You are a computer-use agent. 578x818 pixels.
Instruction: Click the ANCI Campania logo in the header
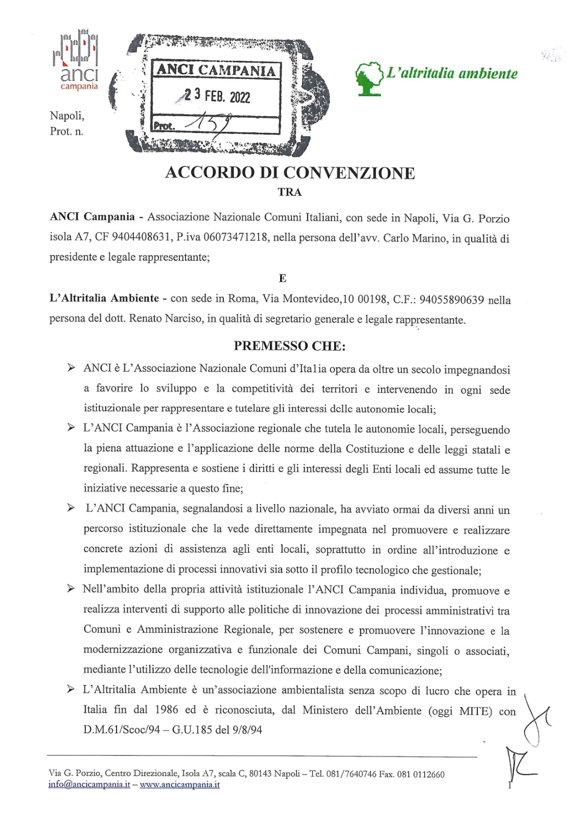(76, 60)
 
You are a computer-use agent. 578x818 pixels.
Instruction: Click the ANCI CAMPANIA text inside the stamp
(216, 70)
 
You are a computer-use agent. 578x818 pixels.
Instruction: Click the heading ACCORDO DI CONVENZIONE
(290, 173)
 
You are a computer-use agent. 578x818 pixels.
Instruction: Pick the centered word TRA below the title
(290, 193)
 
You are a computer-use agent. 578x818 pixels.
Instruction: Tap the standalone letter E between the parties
(283, 279)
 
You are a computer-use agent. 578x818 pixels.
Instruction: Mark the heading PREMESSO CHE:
(290, 346)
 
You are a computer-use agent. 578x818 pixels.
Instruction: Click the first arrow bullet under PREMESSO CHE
(72, 368)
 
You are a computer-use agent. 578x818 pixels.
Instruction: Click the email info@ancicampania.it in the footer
(89, 784)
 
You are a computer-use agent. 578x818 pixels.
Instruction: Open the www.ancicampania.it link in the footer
(179, 784)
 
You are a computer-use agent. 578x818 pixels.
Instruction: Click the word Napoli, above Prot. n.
(67, 116)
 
